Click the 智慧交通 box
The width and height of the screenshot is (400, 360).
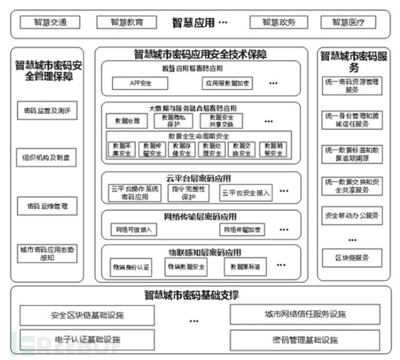(50, 23)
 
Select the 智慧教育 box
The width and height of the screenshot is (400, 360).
(126, 23)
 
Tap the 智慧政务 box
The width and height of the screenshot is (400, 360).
(278, 23)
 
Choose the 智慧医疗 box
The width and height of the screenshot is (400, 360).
(348, 23)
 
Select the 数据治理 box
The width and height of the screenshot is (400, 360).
(127, 121)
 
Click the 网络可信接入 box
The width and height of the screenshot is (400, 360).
(134, 230)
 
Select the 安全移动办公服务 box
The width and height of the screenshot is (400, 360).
(351, 216)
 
